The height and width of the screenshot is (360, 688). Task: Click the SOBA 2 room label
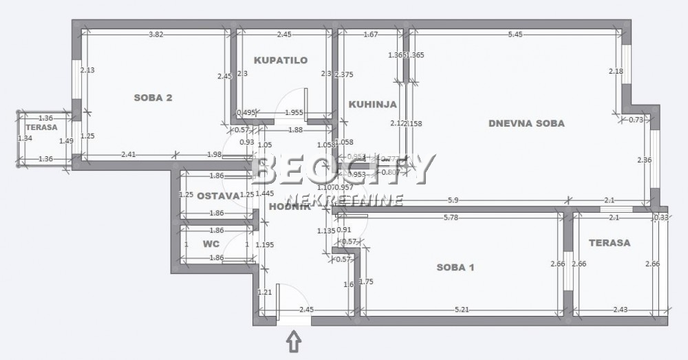[153, 98]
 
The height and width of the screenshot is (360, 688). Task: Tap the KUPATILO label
[280, 61]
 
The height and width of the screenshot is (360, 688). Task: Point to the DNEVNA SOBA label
[526, 124]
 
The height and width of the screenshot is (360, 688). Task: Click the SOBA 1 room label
[455, 267]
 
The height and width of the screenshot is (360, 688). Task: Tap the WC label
[211, 244]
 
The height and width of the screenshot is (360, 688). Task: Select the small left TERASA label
[43, 128]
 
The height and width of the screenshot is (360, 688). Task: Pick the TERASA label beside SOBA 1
[610, 243]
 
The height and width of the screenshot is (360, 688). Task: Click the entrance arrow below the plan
[294, 341]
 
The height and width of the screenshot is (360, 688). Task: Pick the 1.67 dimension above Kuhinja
[370, 34]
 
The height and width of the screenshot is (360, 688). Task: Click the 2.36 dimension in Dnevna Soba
[645, 160]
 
